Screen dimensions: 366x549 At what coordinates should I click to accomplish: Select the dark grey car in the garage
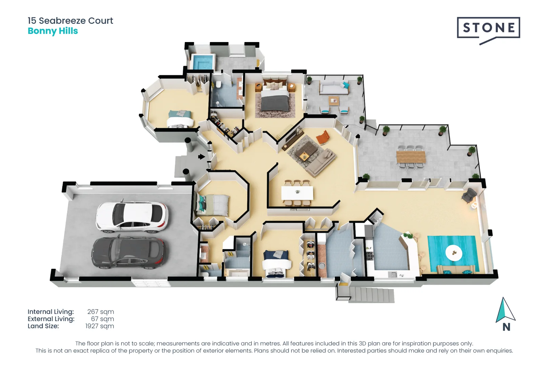tap(128, 252)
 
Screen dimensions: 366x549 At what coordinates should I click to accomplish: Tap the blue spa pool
tap(203, 62)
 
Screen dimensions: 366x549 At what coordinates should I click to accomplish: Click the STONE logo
tap(488, 28)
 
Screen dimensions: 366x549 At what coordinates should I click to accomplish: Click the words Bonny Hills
tap(53, 31)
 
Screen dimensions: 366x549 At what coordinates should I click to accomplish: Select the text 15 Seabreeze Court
tap(70, 21)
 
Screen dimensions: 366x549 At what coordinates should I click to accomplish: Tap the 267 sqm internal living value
tap(101, 311)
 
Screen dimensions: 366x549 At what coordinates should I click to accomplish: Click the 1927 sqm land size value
tap(100, 326)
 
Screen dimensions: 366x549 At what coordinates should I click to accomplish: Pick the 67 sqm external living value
tap(102, 319)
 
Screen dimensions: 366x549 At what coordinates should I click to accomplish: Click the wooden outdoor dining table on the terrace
tap(411, 157)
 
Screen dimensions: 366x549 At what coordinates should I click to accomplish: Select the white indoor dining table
tap(297, 193)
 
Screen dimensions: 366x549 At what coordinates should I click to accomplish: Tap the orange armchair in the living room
tap(323, 137)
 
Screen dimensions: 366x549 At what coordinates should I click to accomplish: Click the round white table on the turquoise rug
tap(453, 252)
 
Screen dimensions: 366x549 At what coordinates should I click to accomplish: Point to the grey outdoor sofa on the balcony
tap(334, 88)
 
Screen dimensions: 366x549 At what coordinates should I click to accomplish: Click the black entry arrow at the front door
tap(202, 157)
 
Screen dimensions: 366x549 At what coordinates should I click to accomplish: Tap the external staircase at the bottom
tap(372, 295)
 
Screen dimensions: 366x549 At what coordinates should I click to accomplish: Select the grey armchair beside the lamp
tap(469, 195)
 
